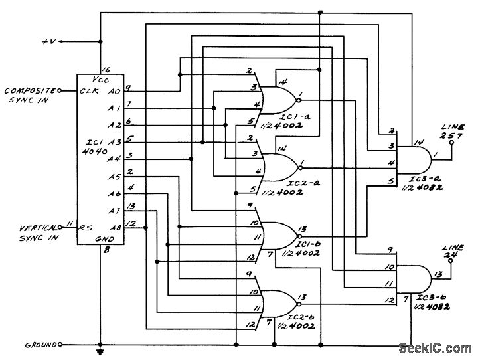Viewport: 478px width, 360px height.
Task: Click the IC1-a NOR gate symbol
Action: [x=278, y=100]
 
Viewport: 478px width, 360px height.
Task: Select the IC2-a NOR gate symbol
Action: [x=279, y=167]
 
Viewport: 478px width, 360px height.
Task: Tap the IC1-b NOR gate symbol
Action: [x=279, y=236]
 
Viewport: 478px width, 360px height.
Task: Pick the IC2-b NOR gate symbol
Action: [x=279, y=304]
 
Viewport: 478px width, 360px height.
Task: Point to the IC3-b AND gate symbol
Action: [x=413, y=278]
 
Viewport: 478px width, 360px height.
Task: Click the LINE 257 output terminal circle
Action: [x=451, y=142]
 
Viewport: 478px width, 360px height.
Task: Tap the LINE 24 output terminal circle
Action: [x=451, y=260]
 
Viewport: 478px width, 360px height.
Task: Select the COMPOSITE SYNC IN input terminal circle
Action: [x=60, y=90]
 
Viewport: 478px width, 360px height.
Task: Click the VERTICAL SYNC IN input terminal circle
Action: [x=60, y=227]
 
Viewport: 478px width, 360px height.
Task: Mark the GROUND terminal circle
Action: [x=60, y=345]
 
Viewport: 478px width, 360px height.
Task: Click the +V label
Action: [x=49, y=41]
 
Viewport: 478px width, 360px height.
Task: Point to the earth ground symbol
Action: [x=100, y=351]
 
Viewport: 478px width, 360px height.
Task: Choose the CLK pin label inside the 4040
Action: [x=89, y=91]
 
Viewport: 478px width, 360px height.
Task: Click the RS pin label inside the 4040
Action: [x=86, y=228]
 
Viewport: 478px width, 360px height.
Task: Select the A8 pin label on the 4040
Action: [x=116, y=227]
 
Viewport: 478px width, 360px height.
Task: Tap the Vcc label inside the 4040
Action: [x=100, y=80]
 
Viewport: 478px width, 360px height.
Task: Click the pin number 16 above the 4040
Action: [x=106, y=70]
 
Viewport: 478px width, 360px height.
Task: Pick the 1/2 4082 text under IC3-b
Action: [x=432, y=307]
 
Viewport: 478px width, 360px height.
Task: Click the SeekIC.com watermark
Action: [x=435, y=348]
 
